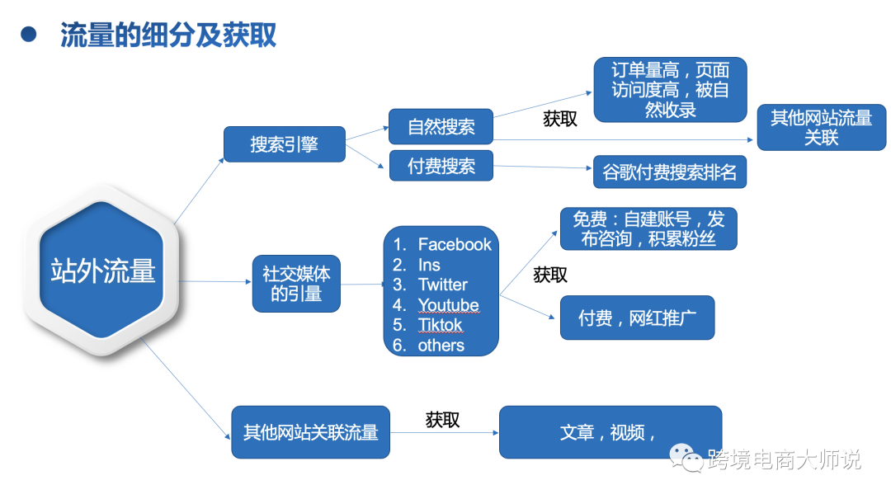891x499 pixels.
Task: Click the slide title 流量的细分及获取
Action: [x=168, y=35]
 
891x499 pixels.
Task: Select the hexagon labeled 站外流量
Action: [x=103, y=271]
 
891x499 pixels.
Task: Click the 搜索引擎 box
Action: [x=285, y=144]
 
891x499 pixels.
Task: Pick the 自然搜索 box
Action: [x=441, y=127]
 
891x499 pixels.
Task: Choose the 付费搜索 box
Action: [x=441, y=166]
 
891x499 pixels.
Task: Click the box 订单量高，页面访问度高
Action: [x=670, y=90]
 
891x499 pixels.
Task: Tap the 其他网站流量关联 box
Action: [x=821, y=128]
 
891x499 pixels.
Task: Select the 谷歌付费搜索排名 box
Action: [x=669, y=172]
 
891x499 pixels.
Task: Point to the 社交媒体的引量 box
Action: [x=296, y=283]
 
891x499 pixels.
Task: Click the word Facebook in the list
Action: [x=454, y=244]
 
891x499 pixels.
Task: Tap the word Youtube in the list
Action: [x=448, y=305]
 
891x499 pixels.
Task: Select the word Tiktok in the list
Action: [x=441, y=325]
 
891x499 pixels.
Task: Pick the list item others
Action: [x=441, y=346]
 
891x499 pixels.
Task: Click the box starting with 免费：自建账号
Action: [x=648, y=228]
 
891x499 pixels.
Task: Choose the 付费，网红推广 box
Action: [x=636, y=318]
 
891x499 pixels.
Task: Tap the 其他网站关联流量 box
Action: [x=310, y=432]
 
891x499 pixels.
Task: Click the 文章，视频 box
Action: [x=610, y=432]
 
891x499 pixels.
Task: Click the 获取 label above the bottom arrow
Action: [x=443, y=420]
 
